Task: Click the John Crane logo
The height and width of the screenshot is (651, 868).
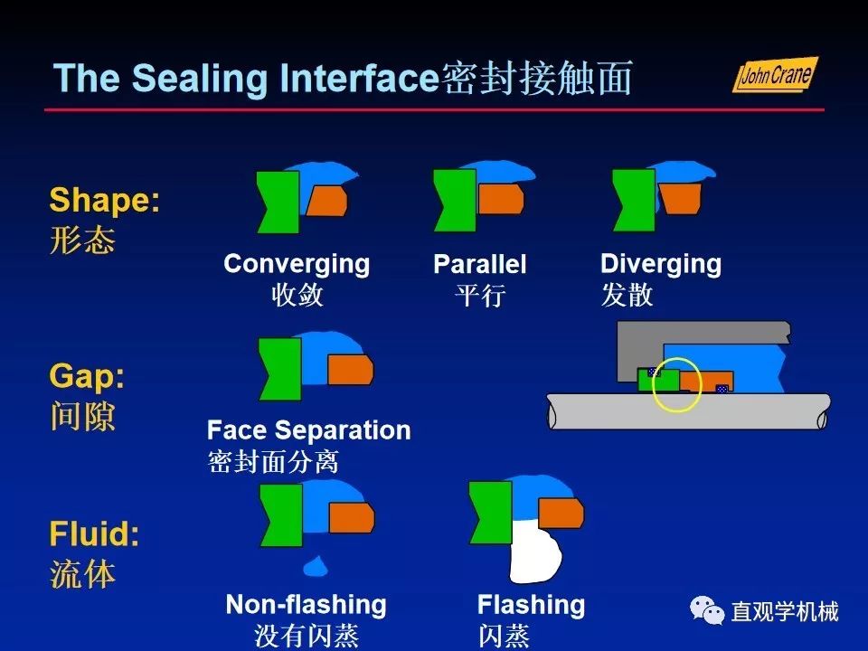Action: [774, 74]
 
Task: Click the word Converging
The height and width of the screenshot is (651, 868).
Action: [297, 264]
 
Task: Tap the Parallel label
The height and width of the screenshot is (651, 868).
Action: [479, 265]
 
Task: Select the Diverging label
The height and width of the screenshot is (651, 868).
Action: [661, 264]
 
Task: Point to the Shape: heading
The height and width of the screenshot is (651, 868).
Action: [104, 200]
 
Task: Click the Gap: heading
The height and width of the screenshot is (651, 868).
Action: [87, 376]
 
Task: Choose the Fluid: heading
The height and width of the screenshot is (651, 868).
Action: [94, 534]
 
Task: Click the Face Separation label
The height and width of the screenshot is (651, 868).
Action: [308, 429]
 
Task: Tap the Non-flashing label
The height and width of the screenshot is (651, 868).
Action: [306, 604]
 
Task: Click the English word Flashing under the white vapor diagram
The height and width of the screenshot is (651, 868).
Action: [531, 604]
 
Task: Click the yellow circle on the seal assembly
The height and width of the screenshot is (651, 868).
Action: [677, 384]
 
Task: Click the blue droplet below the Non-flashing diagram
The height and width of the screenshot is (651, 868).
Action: [314, 566]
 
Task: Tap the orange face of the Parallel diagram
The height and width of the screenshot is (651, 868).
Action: [500, 198]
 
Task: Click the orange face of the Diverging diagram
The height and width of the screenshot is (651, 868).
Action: [680, 198]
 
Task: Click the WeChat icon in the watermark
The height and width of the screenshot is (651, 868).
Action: [707, 611]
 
